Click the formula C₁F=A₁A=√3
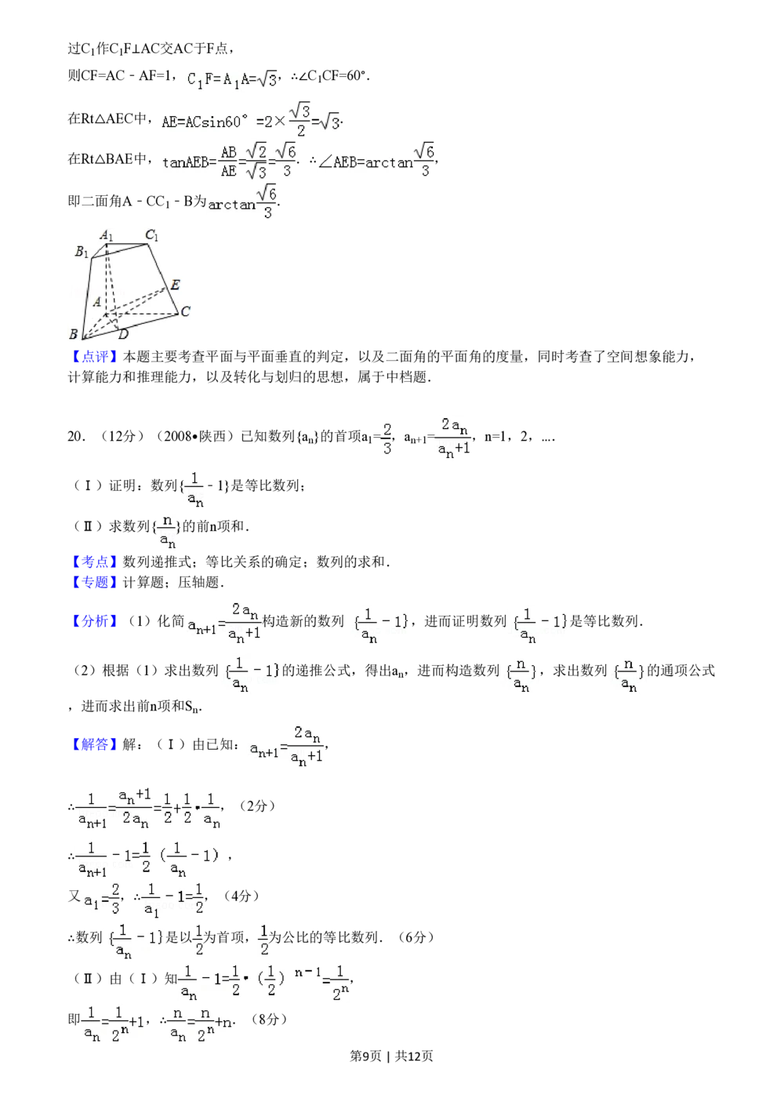pos(233,79)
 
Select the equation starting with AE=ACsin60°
pos(251,120)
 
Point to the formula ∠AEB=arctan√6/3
pos(376,162)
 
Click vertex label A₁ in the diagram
pos(107,235)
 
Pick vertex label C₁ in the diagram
pos(152,235)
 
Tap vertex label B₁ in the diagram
pos(82,252)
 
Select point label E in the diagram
pos(175,285)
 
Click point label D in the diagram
pos(123,335)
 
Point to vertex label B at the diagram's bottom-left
pos(74,335)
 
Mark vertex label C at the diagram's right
pos(186,311)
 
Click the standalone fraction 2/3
pos(386,439)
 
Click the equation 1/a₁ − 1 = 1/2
pos(172,900)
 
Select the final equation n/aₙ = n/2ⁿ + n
pos(198,1023)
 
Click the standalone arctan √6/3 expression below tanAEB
pos(241,204)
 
